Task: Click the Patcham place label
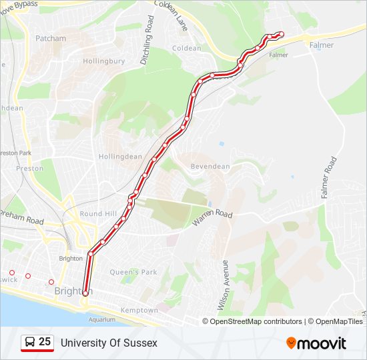pyautogui.click(x=51, y=39)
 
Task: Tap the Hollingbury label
pyautogui.click(x=104, y=61)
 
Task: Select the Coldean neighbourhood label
pyautogui.click(x=187, y=49)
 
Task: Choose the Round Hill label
pyautogui.click(x=98, y=214)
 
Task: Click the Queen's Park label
pyautogui.click(x=133, y=272)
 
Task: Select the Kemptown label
pyautogui.click(x=139, y=311)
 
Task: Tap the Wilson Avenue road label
pyautogui.click(x=225, y=285)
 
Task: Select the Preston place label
pyautogui.click(x=30, y=169)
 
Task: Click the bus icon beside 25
pyautogui.click(x=29, y=343)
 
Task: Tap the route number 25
pyautogui.click(x=45, y=342)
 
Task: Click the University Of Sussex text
pyautogui.click(x=109, y=343)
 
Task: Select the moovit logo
pyautogui.click(x=316, y=343)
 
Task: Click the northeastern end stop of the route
pyautogui.click(x=281, y=34)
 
